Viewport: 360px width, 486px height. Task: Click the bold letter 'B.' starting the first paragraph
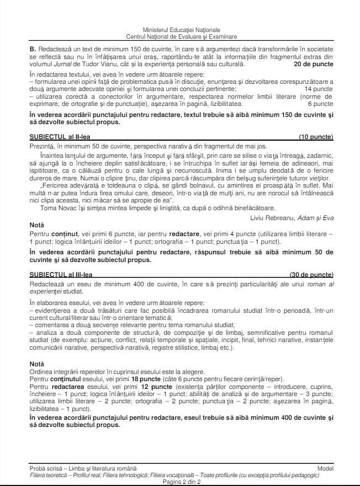(33, 48)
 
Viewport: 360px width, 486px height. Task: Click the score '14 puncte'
(319, 88)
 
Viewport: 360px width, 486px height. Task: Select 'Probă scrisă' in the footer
(47, 468)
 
